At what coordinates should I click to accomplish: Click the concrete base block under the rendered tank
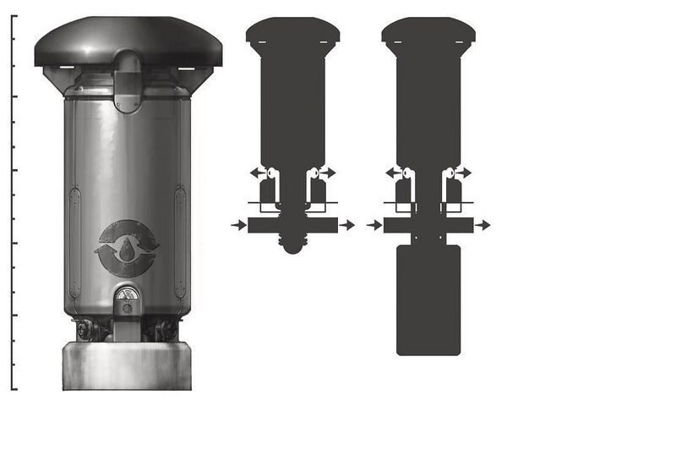(x=127, y=365)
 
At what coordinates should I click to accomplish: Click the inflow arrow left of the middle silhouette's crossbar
(x=237, y=225)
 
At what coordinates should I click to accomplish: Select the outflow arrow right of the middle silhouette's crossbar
(x=347, y=225)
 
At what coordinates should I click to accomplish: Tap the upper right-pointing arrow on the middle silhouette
(x=328, y=172)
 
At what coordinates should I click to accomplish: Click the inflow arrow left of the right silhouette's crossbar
(x=373, y=225)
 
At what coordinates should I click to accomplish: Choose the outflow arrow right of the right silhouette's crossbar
(x=482, y=225)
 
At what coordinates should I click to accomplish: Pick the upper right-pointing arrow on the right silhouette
(x=463, y=172)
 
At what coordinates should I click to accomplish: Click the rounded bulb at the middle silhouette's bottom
(x=292, y=244)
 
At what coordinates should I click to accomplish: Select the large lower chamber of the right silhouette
(x=428, y=300)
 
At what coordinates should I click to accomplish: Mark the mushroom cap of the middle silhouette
(x=292, y=32)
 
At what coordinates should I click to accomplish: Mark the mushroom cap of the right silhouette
(x=428, y=32)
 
